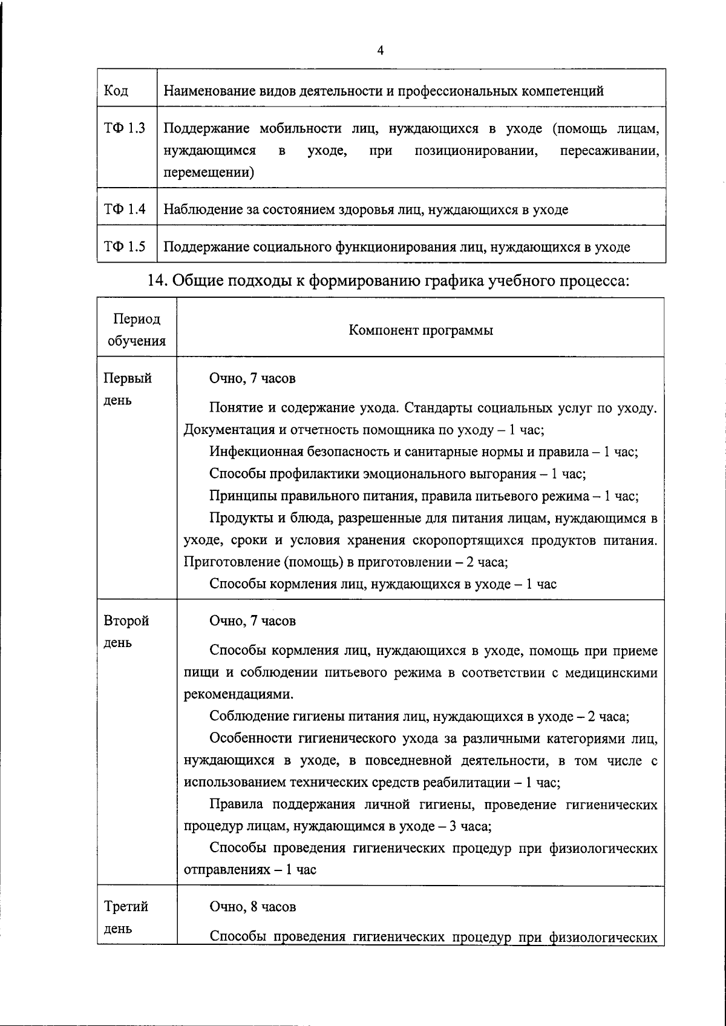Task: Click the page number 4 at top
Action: [x=380, y=51]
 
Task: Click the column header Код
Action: [x=116, y=91]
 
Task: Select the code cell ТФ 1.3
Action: [x=124, y=128]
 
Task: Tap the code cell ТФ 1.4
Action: [x=124, y=209]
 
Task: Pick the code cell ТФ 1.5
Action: [x=124, y=246]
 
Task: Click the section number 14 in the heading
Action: [x=157, y=281]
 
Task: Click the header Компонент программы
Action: [x=420, y=330]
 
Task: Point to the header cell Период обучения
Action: [x=137, y=330]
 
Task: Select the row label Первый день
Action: [x=128, y=389]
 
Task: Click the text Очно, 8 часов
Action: [x=252, y=907]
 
